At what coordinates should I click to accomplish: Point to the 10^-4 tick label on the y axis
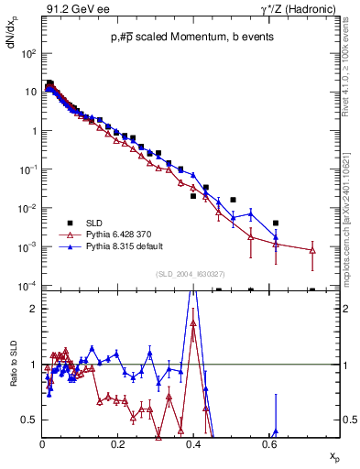pos(28,286)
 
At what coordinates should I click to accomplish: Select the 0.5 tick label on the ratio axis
pos(29,420)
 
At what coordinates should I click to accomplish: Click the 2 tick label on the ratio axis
pos(34,309)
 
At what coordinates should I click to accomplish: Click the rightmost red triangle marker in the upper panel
pos(313,250)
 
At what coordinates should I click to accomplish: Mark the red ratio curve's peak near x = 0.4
pos(192,322)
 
